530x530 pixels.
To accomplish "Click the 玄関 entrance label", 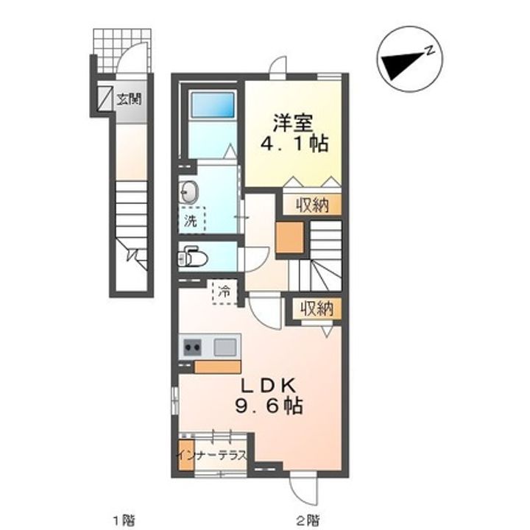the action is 129,99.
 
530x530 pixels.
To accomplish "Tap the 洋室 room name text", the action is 293,123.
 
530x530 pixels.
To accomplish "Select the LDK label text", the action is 269,386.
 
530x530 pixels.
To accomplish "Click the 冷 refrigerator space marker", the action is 225,291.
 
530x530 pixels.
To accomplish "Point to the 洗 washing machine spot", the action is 191,220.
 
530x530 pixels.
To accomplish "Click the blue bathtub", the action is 213,105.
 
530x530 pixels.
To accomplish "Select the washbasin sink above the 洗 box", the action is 188,192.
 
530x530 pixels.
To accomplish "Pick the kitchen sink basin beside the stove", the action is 225,347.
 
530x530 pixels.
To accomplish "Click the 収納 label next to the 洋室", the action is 313,205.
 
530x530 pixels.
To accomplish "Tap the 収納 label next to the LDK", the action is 317,308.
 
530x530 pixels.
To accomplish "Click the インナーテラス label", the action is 212,455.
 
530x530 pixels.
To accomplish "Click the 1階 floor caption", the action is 124,519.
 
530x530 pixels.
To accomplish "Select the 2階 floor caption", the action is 308,519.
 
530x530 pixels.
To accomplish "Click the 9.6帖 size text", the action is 269,406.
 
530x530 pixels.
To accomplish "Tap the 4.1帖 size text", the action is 294,144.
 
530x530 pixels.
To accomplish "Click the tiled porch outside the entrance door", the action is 122,50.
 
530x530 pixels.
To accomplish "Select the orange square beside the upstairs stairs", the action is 290,237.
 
